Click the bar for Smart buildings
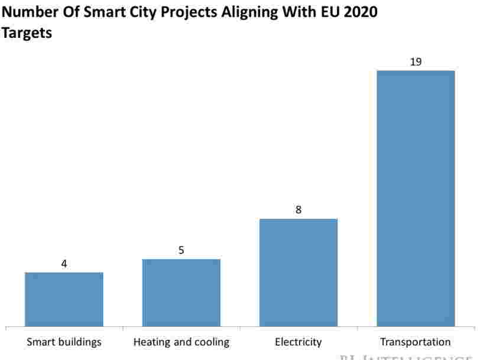point(64,299)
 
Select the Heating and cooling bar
point(181,293)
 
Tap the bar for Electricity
point(298,273)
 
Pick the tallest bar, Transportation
point(416,198)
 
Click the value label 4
point(64,264)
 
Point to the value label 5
point(181,250)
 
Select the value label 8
point(299,210)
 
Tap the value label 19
point(416,61)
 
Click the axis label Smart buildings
point(64,342)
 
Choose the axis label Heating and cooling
point(181,342)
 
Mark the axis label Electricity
point(298,342)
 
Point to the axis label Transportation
point(415,342)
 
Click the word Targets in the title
point(27,33)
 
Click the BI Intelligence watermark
point(408,356)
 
